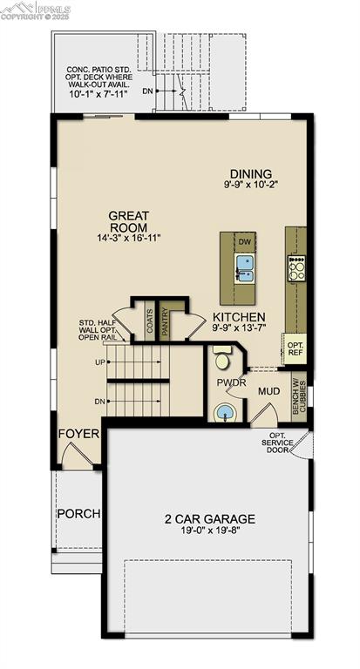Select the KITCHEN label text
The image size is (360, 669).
click(x=239, y=317)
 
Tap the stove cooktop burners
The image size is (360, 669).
click(x=296, y=267)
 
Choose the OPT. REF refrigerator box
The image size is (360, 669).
click(x=295, y=348)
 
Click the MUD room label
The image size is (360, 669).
click(x=268, y=392)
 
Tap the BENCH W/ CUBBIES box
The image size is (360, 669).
click(x=296, y=396)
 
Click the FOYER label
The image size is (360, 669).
click(x=78, y=433)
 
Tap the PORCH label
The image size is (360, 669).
click(x=78, y=513)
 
